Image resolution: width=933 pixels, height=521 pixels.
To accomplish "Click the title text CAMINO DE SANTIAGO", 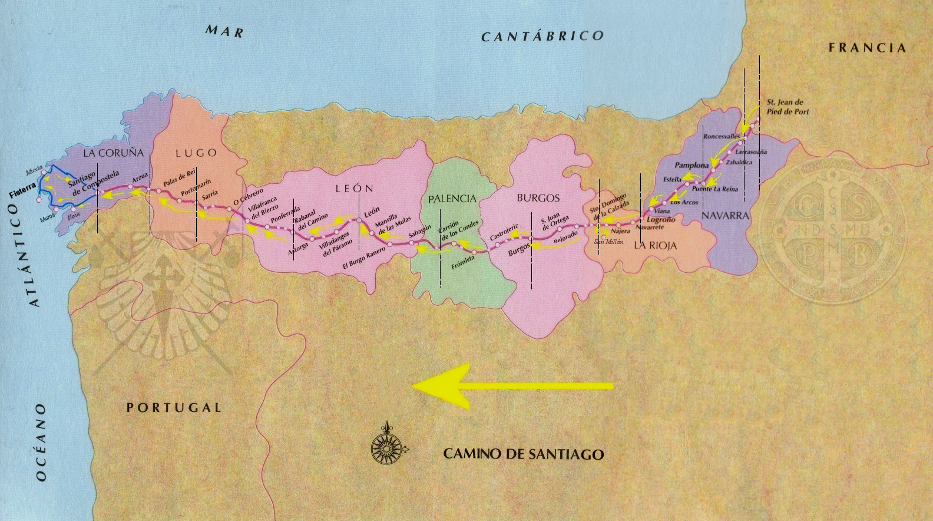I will tap(523, 454).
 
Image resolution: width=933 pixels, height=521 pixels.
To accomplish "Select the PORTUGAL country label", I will tap(174, 407).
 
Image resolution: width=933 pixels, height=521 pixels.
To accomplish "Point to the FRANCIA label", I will tap(867, 48).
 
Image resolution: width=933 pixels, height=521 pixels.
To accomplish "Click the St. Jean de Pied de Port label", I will tap(788, 107).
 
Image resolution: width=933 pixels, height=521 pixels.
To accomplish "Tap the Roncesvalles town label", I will tap(722, 136).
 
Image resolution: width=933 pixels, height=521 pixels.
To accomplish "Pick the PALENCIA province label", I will tap(452, 199).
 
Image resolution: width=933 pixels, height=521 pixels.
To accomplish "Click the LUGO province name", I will tap(196, 153).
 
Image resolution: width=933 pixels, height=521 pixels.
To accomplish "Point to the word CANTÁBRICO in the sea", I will tap(542, 36).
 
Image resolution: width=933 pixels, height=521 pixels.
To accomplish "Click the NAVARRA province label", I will tap(725, 216).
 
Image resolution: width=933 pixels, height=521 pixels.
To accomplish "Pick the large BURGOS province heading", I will tap(538, 198).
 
